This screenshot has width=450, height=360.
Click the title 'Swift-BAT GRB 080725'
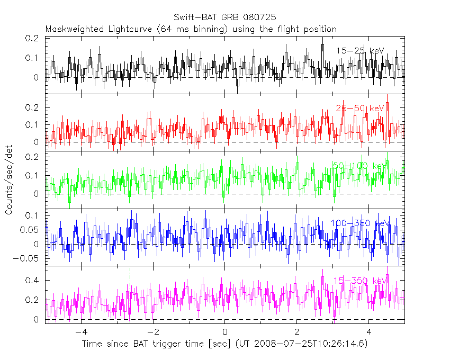click(x=224, y=17)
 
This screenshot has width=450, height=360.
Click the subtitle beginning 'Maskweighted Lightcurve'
click(x=191, y=29)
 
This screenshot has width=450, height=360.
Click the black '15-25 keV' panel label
click(x=360, y=51)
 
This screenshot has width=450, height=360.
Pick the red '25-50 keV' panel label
click(x=360, y=109)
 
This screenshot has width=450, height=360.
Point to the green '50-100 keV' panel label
click(x=360, y=166)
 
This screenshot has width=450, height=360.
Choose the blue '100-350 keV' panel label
click(x=360, y=223)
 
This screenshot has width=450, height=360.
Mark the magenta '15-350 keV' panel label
click(x=360, y=281)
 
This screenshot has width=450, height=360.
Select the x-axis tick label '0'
click(x=225, y=332)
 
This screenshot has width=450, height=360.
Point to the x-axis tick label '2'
click(x=297, y=332)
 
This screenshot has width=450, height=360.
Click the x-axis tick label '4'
click(x=369, y=332)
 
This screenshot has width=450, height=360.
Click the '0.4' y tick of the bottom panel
click(x=34, y=280)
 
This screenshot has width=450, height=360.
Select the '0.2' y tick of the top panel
click(x=34, y=39)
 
